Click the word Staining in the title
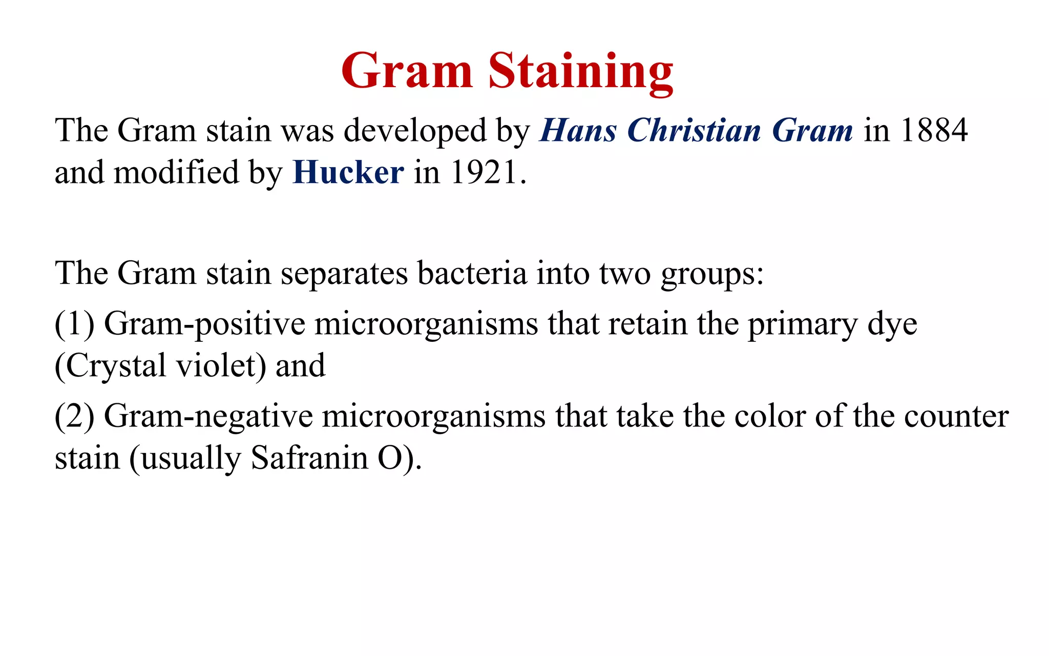[580, 72]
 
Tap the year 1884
[934, 130]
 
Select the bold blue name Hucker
[348, 172]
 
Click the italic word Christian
[694, 130]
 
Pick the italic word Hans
[578, 130]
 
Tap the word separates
[344, 273]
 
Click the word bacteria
[472, 273]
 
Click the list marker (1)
[75, 324]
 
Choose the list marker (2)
[75, 416]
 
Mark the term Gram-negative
[208, 416]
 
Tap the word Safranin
[309, 458]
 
